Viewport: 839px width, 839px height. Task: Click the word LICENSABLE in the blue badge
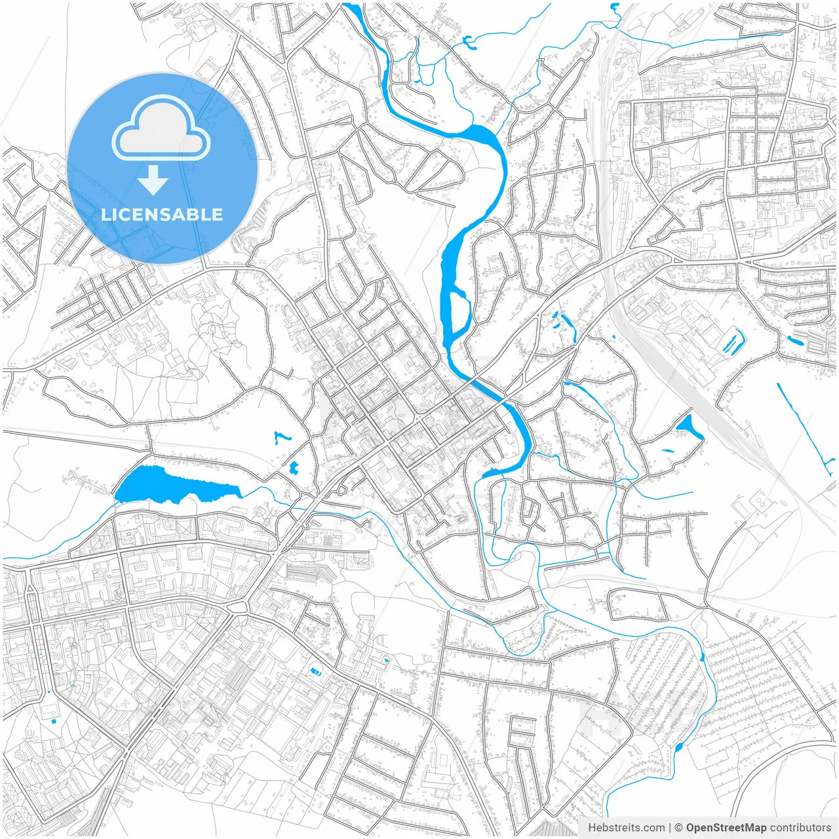pos(162,214)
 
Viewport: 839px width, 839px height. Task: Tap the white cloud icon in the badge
pos(161,128)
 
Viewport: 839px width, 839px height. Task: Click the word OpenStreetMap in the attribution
pos(726,828)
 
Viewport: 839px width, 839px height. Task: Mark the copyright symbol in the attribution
pos(679,828)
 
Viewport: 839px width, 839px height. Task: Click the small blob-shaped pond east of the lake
pos(293,467)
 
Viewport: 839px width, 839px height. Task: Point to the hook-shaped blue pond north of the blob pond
pos(282,438)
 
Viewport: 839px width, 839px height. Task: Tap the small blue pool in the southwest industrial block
pos(316,671)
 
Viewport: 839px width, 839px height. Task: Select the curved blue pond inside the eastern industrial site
pos(733,342)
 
